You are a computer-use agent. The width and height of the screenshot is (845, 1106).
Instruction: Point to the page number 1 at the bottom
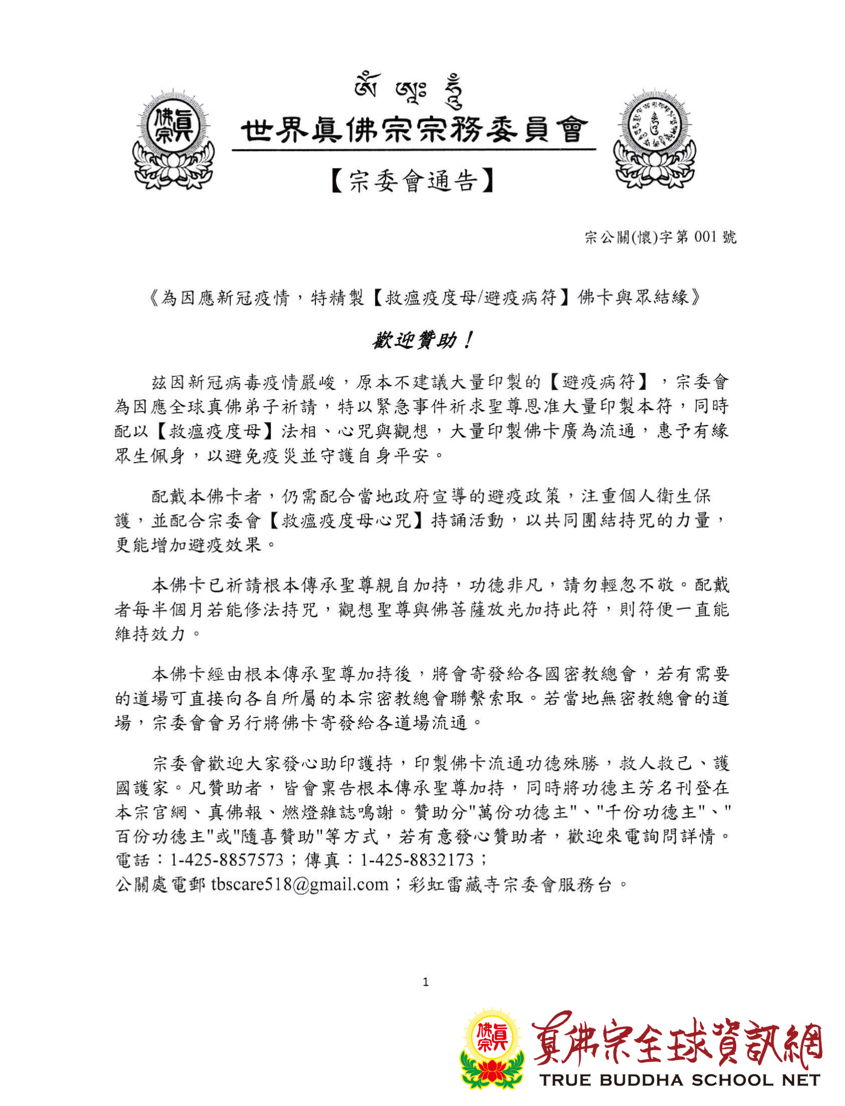[426, 982]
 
